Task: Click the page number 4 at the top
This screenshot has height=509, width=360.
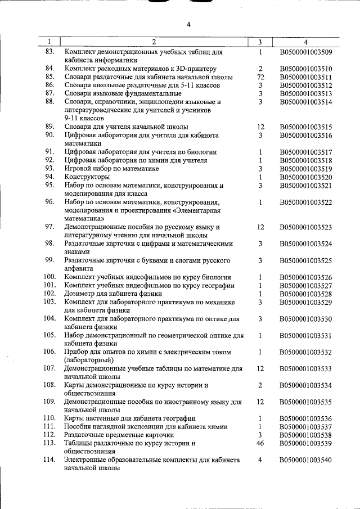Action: (189, 24)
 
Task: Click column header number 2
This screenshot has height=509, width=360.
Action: (154, 42)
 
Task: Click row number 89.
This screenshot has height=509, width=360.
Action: (49, 127)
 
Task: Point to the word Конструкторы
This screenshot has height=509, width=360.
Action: (86, 177)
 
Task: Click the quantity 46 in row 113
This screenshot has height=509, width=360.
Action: (260, 443)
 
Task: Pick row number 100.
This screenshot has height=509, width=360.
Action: (49, 277)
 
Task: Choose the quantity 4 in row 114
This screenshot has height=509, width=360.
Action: (260, 460)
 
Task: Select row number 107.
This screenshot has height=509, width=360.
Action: (49, 368)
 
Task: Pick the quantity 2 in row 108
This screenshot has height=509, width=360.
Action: (260, 385)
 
